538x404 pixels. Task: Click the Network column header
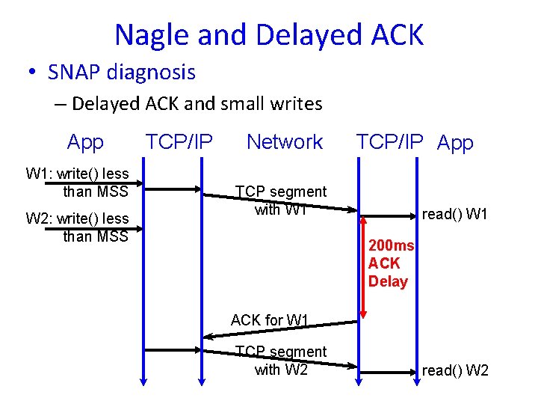285,141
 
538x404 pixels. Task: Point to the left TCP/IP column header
179,141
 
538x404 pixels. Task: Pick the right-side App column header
455,143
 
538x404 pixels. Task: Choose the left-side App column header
85,141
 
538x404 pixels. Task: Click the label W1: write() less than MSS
77,183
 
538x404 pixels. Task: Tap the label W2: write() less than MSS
77,227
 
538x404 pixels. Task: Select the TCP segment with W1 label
281,201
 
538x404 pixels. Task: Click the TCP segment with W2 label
281,361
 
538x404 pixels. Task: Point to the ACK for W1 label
270,320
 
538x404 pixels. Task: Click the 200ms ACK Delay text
390,263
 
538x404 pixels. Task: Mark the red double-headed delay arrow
362,266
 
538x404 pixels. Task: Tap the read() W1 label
454,215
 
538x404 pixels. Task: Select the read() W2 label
454,370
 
